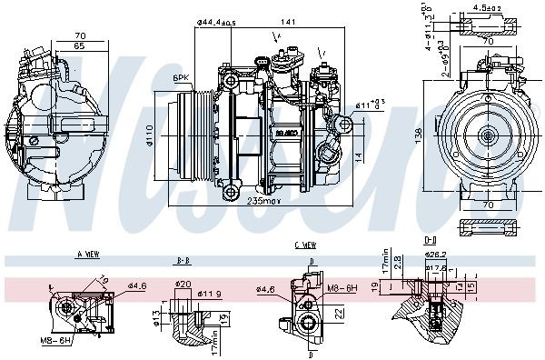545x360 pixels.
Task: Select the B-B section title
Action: pyautogui.click(x=183, y=260)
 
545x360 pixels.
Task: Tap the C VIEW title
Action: pyautogui.click(x=304, y=245)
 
